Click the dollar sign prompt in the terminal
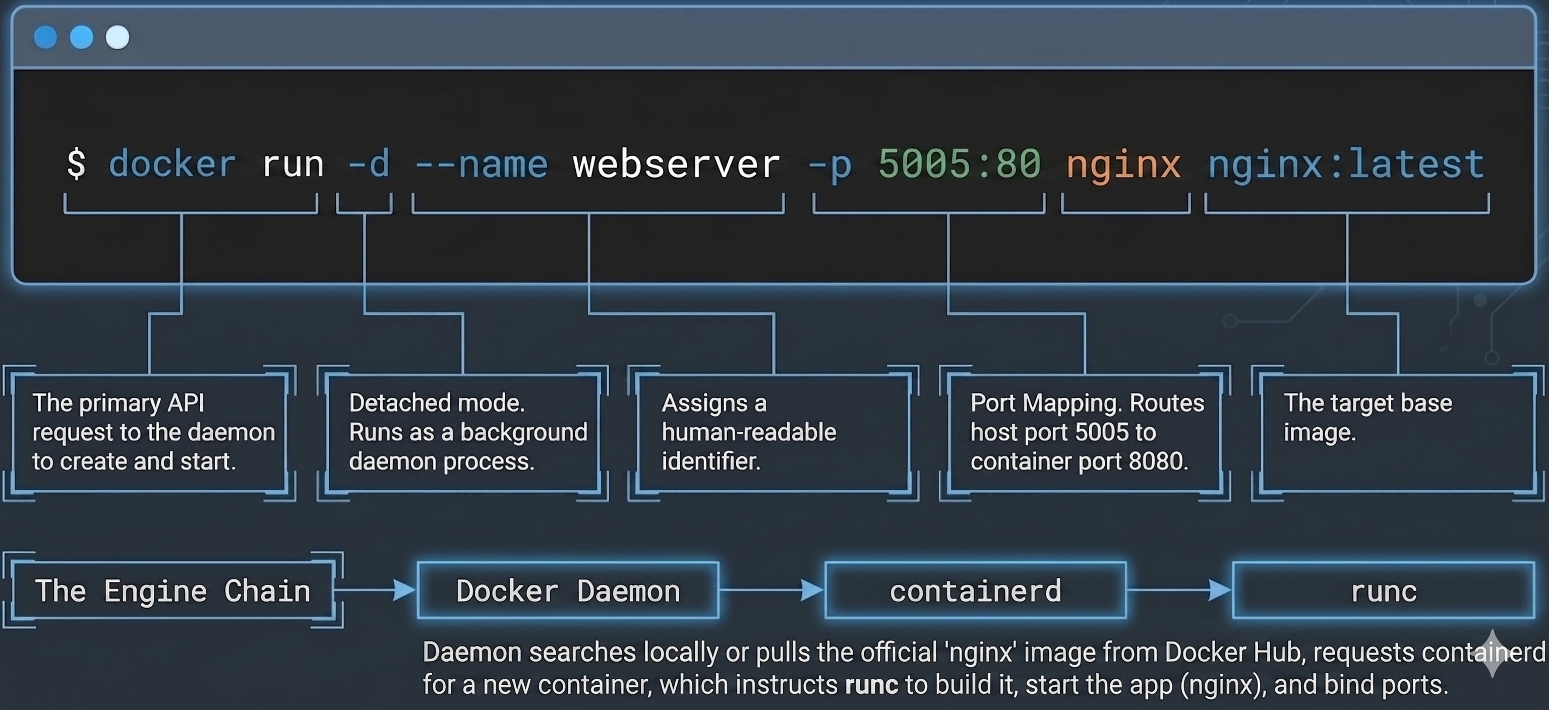pyautogui.click(x=76, y=163)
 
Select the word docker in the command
pyautogui.click(x=172, y=163)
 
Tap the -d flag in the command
pyautogui.click(x=369, y=163)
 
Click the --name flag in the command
pyautogui.click(x=481, y=163)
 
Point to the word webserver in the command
pyautogui.click(x=676, y=163)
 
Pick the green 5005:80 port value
pyautogui.click(x=959, y=163)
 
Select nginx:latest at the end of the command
pyautogui.click(x=1346, y=163)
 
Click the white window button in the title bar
pyautogui.click(x=117, y=37)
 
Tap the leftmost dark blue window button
pyautogui.click(x=45, y=37)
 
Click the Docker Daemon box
pyautogui.click(x=568, y=590)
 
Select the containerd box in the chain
pyautogui.click(x=975, y=590)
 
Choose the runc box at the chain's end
pyautogui.click(x=1383, y=590)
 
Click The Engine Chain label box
pyautogui.click(x=172, y=590)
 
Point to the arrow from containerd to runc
pyautogui.click(x=1178, y=590)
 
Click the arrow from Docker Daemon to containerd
pyautogui.click(x=771, y=590)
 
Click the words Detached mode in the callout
pyautogui.click(x=436, y=403)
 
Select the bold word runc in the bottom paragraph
pyautogui.click(x=871, y=685)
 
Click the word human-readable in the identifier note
pyautogui.click(x=749, y=432)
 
